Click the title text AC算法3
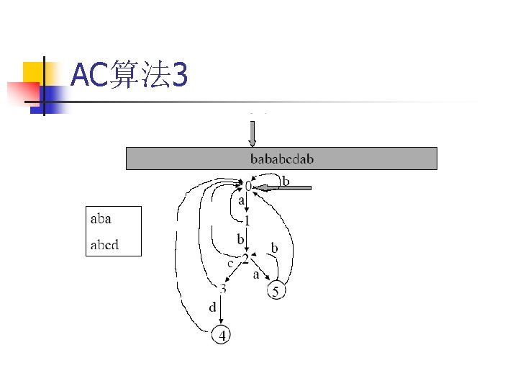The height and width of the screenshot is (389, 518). [130, 76]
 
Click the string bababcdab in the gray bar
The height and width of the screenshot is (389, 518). [281, 158]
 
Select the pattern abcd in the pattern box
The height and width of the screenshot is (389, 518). [104, 245]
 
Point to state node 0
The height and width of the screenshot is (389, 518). [248, 186]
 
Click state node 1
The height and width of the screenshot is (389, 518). [247, 220]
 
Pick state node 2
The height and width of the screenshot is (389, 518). [245, 258]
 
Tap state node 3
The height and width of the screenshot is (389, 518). [223, 290]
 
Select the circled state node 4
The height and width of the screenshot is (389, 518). [222, 336]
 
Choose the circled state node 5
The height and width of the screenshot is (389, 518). [276, 291]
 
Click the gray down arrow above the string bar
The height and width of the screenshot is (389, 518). [252, 133]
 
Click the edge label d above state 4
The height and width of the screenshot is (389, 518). [213, 308]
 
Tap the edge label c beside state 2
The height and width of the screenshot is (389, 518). [231, 263]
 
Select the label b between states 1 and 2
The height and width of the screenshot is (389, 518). [240, 238]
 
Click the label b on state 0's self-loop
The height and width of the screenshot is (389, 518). [286, 180]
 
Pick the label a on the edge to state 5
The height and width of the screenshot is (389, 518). [255, 274]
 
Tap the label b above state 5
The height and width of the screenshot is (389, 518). [274, 248]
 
